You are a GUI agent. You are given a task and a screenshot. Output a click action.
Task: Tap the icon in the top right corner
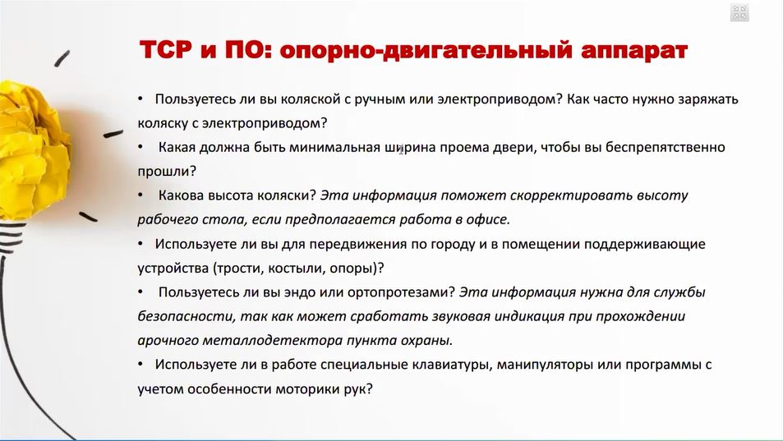(x=739, y=12)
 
